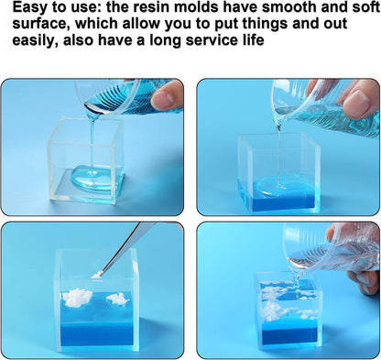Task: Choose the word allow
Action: click(x=141, y=23)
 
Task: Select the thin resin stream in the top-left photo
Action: click(x=93, y=145)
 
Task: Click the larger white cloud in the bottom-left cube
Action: click(x=77, y=297)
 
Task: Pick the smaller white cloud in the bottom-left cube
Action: click(x=118, y=299)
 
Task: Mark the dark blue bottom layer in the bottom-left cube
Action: click(x=96, y=333)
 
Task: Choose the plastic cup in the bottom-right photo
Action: click(x=332, y=248)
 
